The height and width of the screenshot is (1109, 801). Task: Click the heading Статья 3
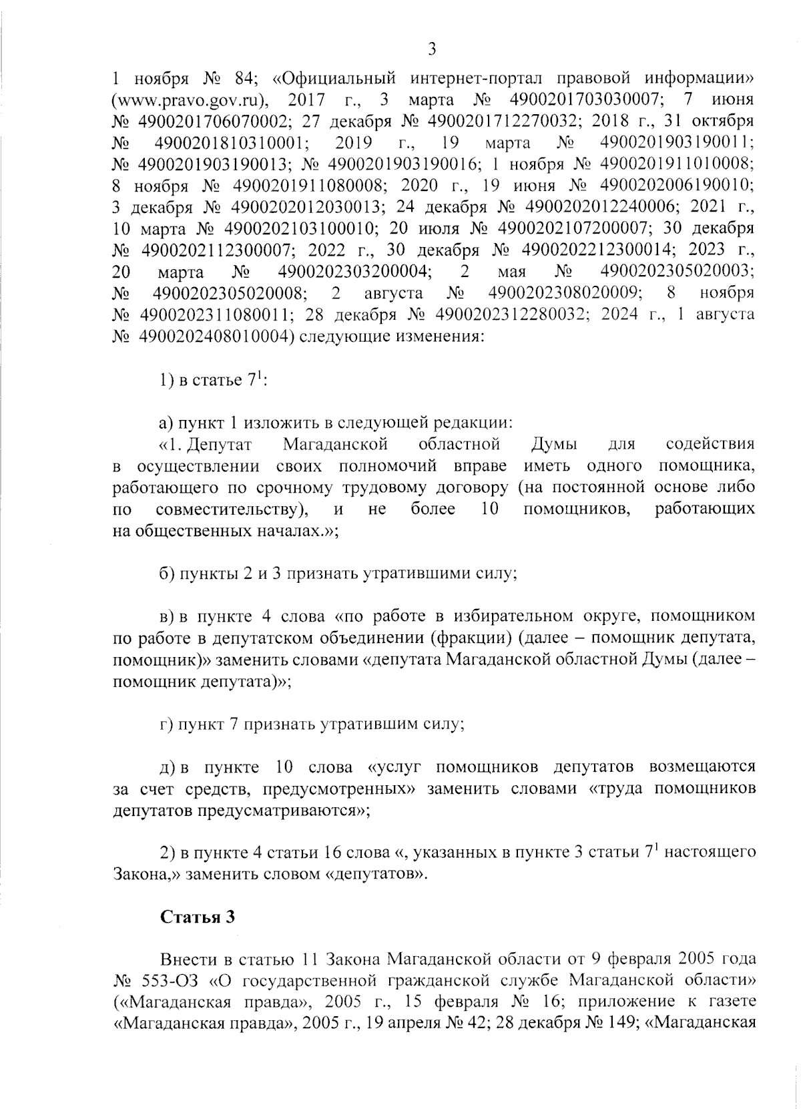(x=198, y=917)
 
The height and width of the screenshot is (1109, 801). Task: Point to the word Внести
(x=189, y=959)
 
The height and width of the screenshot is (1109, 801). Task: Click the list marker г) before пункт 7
(x=166, y=724)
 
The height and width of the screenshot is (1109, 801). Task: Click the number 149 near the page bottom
(x=607, y=1024)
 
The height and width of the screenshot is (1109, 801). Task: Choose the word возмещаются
(x=702, y=767)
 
